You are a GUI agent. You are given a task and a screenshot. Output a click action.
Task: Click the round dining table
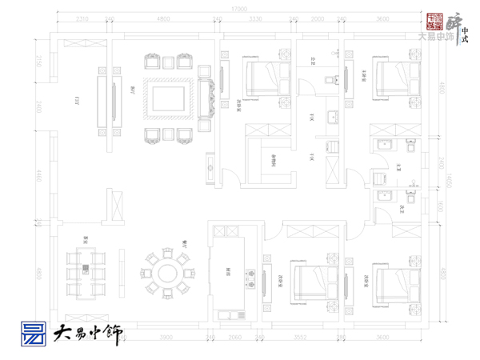coord(168,273)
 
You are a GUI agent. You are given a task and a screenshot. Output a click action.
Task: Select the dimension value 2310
coord(82,18)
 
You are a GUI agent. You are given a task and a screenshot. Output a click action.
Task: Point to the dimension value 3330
coord(256,18)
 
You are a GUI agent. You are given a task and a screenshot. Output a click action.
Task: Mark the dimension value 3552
coord(301,337)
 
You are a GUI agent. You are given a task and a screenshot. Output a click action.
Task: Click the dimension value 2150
coord(38,60)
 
